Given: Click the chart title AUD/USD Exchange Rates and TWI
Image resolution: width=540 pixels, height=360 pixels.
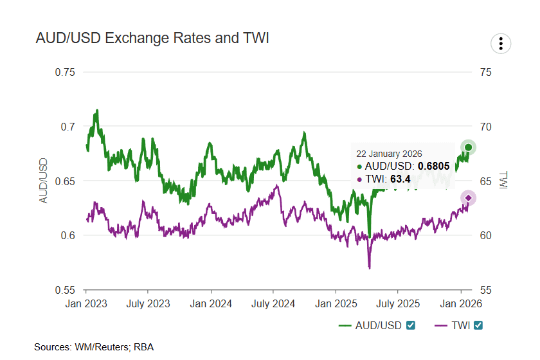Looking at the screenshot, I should pyautogui.click(x=152, y=39).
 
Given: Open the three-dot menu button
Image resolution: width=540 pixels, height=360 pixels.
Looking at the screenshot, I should pyautogui.click(x=500, y=44).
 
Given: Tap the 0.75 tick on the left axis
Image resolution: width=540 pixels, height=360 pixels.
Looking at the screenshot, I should pyautogui.click(x=65, y=72).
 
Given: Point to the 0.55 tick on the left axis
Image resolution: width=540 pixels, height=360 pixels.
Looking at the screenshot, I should pyautogui.click(x=65, y=290).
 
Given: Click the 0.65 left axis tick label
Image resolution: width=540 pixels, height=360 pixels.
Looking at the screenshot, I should pyautogui.click(x=65, y=181).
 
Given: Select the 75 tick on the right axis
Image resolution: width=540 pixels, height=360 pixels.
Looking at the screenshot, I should pyautogui.click(x=486, y=72).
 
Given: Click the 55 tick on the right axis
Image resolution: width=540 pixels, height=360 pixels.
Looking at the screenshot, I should pyautogui.click(x=486, y=290).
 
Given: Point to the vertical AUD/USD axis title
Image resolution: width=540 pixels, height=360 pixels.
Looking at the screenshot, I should pyautogui.click(x=44, y=181).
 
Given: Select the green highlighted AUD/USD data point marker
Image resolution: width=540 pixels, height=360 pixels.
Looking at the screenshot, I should pyautogui.click(x=469, y=148).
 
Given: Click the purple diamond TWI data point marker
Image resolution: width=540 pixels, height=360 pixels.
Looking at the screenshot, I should pyautogui.click(x=469, y=198).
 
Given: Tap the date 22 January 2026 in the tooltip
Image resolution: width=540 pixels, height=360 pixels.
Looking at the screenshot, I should pyautogui.click(x=389, y=154).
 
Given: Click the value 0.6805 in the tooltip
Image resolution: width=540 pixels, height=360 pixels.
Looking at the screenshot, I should pyautogui.click(x=435, y=166).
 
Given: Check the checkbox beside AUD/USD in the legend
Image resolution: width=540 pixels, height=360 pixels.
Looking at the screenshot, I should pyautogui.click(x=411, y=325).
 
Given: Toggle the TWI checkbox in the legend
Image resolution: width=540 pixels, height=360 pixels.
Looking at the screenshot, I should pyautogui.click(x=478, y=325).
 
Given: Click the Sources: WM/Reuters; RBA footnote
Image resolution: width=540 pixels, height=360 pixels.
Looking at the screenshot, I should pyautogui.click(x=94, y=347).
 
